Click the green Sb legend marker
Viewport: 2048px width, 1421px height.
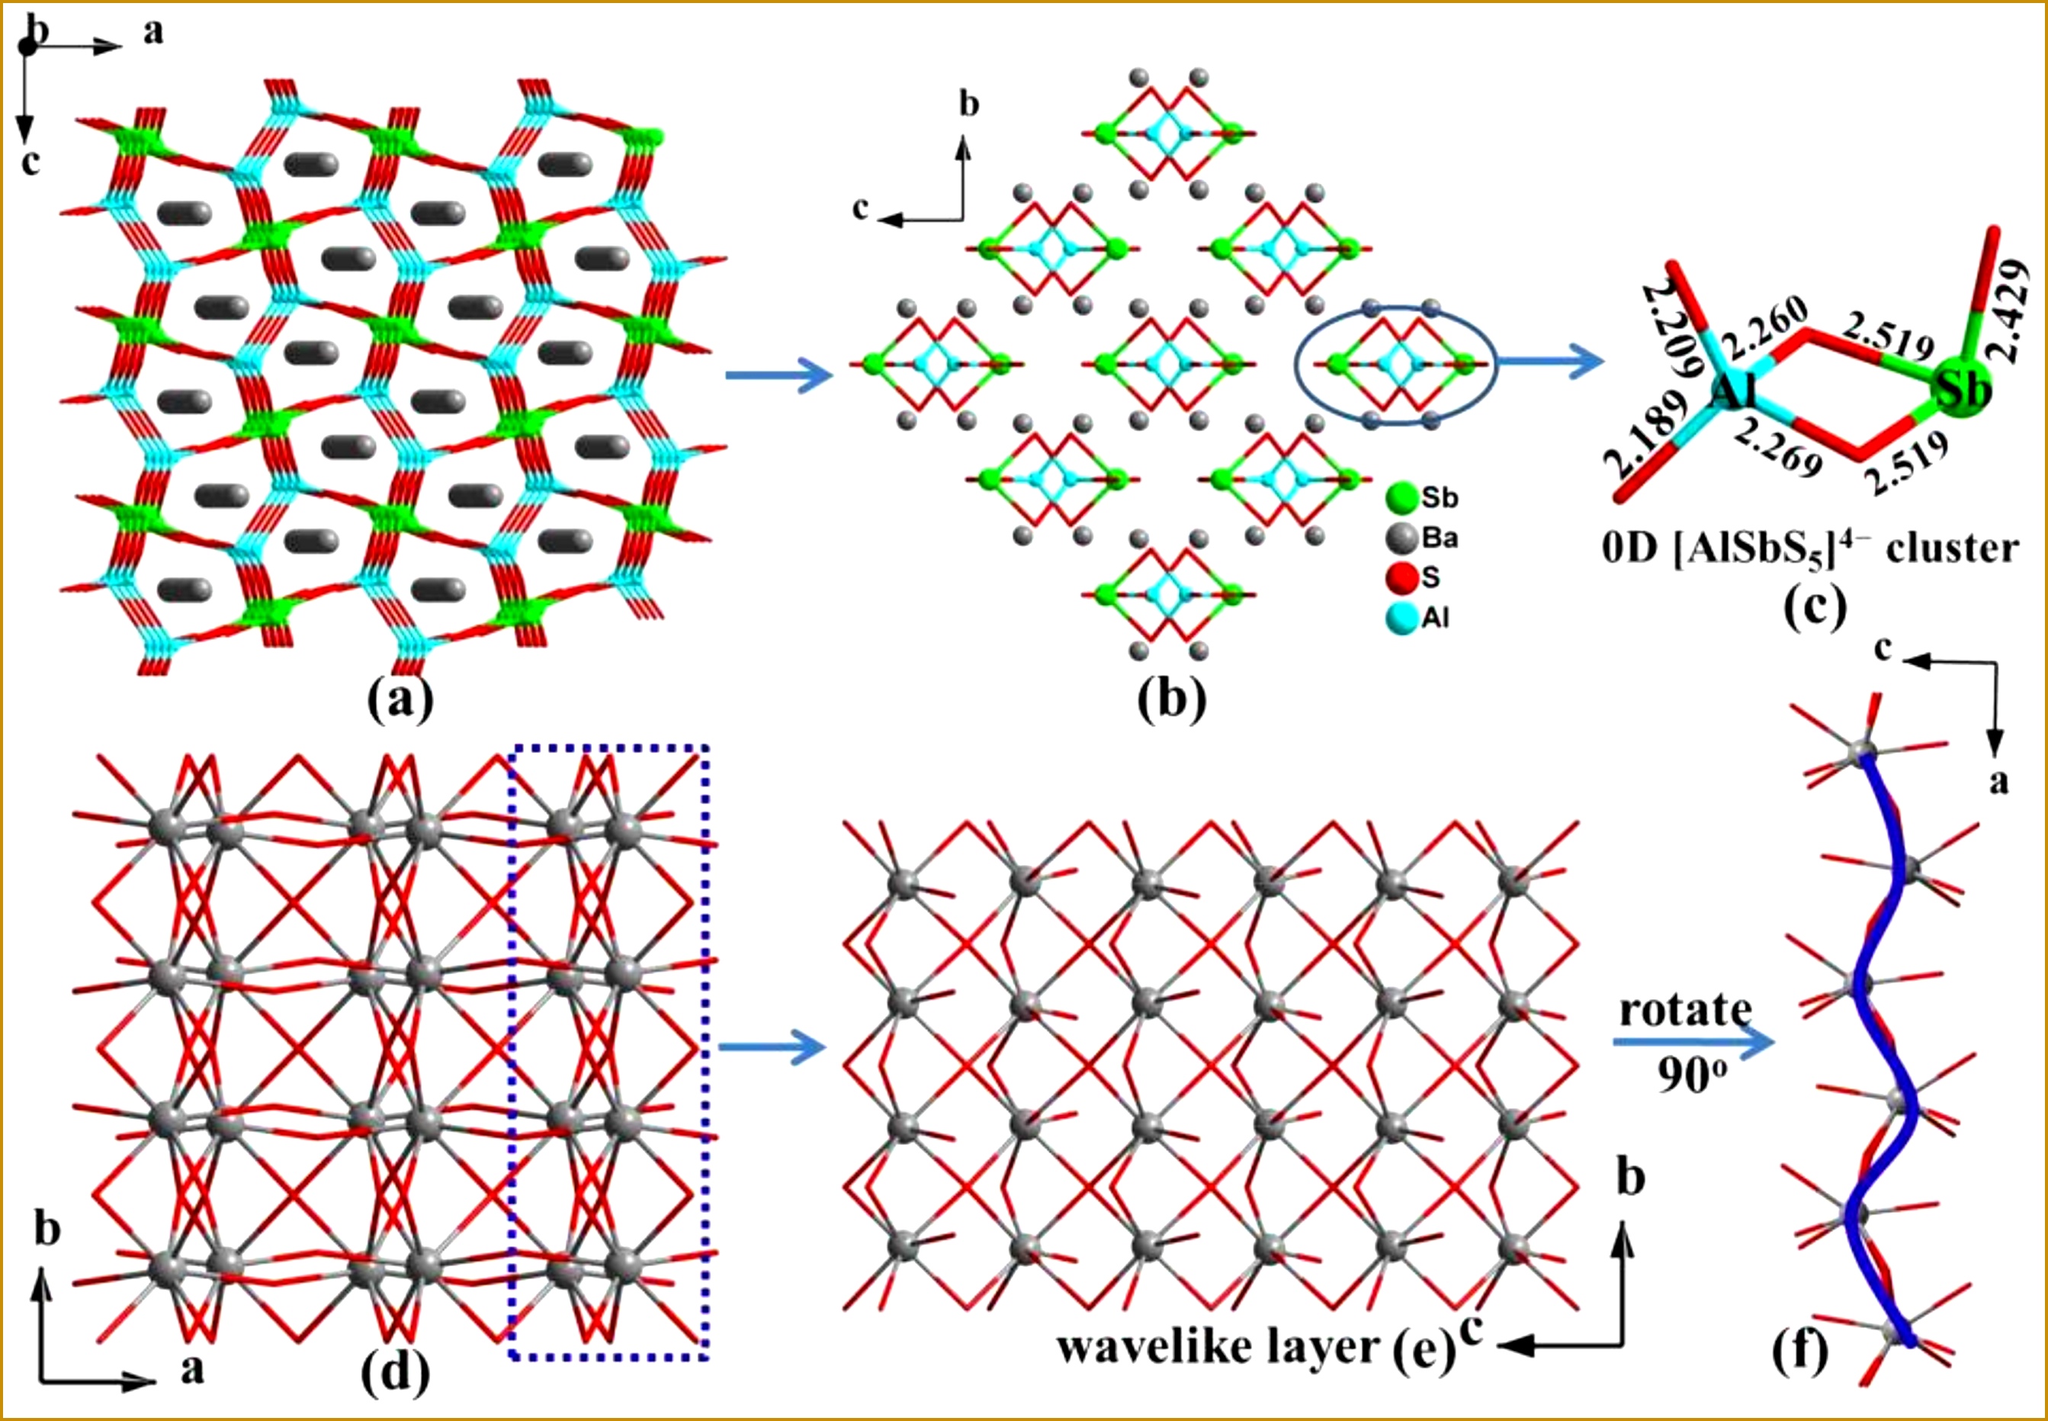pos(1402,499)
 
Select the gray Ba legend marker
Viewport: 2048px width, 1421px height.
pos(1402,538)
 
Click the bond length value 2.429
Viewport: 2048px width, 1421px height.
pos(2013,310)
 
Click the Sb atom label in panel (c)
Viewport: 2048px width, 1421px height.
pos(1963,389)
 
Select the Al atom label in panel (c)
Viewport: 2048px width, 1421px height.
pos(1734,392)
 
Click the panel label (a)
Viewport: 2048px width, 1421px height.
pos(400,701)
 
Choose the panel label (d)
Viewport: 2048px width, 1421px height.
pos(395,1372)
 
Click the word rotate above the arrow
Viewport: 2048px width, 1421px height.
pos(1685,1010)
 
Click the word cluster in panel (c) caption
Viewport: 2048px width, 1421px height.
pos(1953,548)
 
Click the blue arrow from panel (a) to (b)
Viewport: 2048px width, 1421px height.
pos(778,375)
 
